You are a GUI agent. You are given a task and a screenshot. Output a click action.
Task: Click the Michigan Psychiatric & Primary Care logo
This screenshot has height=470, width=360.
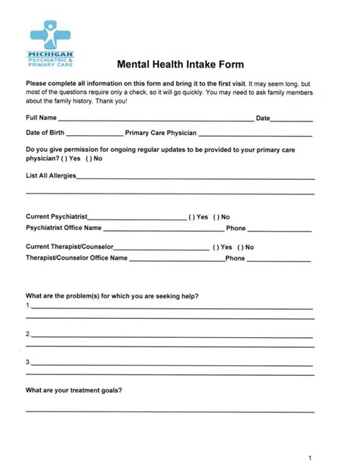point(52,44)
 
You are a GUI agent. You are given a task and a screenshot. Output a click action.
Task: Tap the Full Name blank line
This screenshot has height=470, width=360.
point(156,119)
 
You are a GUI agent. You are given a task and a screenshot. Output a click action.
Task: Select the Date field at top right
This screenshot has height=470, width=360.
point(292,119)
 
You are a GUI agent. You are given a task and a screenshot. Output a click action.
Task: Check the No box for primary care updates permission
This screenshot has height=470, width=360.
point(89,159)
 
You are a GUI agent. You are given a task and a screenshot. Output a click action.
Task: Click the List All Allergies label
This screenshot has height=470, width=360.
point(50,176)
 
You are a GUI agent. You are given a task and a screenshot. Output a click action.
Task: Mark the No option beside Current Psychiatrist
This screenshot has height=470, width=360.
point(216,216)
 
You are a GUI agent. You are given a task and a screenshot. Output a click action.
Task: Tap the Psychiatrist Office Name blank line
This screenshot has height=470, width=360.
point(163,228)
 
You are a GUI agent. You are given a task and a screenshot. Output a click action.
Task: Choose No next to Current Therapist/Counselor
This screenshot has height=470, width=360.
point(241,247)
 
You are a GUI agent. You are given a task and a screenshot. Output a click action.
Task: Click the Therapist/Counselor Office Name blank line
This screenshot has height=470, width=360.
point(176,258)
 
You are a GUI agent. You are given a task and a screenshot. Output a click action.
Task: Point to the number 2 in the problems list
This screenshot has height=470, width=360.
point(28,334)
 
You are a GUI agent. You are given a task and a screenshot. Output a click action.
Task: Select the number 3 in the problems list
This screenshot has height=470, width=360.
point(28,361)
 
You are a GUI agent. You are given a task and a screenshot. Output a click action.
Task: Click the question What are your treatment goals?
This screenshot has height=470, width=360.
point(74,391)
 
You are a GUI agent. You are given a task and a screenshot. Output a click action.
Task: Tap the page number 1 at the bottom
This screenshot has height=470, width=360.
point(311,458)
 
